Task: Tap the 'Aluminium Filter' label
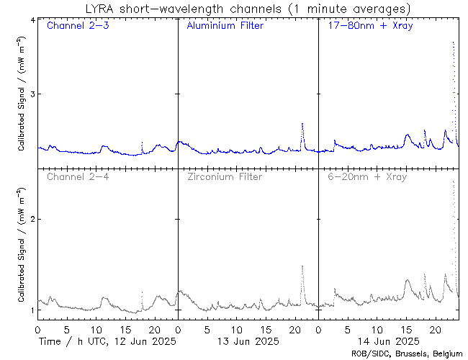tap(225, 26)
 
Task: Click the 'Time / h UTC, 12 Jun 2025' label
tap(107, 341)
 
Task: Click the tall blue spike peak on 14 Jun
tap(452, 42)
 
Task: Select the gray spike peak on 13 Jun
tap(302, 266)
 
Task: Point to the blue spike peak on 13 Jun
tap(302, 124)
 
